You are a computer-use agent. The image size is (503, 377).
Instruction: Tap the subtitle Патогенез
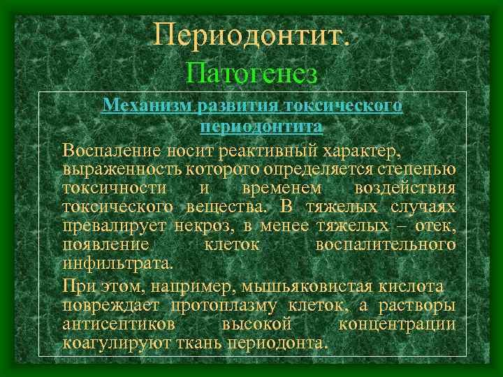pos(252,73)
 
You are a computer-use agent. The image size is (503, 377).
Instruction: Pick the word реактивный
pos(277,149)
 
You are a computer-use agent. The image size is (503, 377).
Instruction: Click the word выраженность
pos(122,169)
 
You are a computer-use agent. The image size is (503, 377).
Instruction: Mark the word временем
pos(282,188)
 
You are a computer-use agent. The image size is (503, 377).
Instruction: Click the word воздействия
pos(405,188)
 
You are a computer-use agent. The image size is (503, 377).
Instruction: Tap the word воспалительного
pos(386,245)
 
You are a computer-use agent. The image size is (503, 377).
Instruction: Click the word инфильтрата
pos(116,264)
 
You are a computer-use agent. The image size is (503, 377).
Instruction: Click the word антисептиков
pos(118,325)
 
